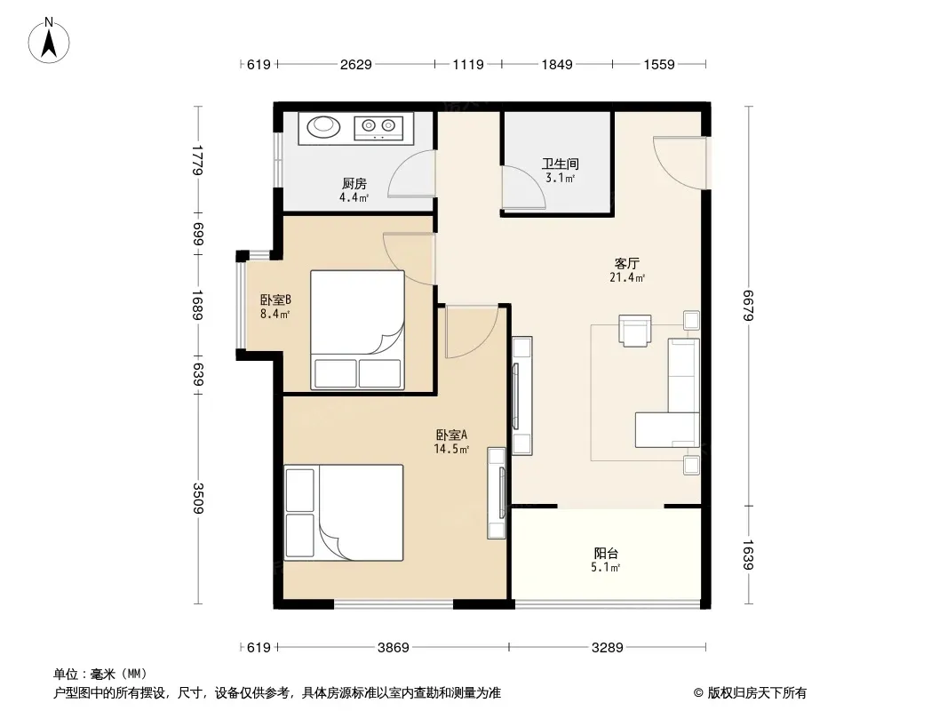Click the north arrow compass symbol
click(49, 41)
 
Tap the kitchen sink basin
click(323, 126)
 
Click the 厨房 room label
click(354, 183)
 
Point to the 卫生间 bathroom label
click(560, 164)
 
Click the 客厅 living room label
click(627, 263)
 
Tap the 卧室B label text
click(275, 300)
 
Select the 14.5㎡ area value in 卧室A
click(451, 449)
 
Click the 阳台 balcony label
click(606, 553)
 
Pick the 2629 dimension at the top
click(355, 64)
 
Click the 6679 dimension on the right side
click(748, 306)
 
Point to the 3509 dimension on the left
click(198, 498)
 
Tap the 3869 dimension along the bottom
click(394, 648)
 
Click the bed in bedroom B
click(357, 330)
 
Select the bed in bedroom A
click(344, 513)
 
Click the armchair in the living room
click(635, 331)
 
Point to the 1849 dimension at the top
click(557, 64)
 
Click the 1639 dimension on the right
click(748, 555)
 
